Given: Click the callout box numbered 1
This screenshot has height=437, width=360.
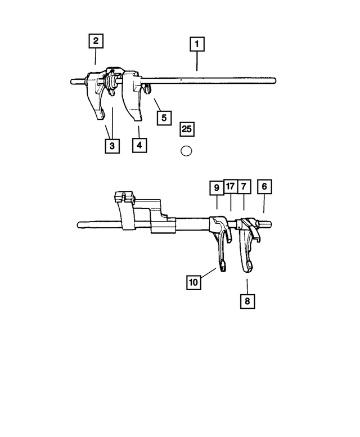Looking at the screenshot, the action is coord(197,44).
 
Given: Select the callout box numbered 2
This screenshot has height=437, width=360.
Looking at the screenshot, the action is coord(96,41).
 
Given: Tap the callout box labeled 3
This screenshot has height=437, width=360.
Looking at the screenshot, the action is coord(112,146).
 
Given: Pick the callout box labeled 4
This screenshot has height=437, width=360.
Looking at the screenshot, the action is coord(139,145).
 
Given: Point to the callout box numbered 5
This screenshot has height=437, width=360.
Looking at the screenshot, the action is coord(164,118).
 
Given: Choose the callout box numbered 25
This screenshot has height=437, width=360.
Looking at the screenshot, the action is coord(187,129).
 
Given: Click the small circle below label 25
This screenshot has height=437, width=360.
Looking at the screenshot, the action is coord(186,151).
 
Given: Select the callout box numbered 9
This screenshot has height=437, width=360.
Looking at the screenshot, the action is coord(217,188).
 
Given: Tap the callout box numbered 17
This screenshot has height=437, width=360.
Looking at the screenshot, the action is coord(231,186).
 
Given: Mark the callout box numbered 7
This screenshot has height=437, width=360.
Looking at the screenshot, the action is coord(244,187).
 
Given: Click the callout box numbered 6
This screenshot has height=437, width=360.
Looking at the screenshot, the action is coord(264,187).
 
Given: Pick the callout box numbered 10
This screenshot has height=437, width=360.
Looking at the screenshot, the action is coord(193,282).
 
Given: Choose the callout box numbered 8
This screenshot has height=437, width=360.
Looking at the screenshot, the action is coord(247,301).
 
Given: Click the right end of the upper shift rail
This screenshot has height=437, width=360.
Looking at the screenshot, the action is coord(275,81).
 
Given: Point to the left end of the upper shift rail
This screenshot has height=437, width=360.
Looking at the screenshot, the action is coord(71,82).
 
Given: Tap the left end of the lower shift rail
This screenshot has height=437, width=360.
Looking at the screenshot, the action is coord(78,225).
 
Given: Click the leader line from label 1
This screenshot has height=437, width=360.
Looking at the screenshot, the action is coord(197,61).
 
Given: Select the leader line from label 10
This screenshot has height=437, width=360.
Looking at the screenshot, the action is coord(209,273).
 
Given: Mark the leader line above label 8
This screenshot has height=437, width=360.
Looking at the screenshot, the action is coord(247,286).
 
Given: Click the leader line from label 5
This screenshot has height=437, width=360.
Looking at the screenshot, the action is coord(157,104).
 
